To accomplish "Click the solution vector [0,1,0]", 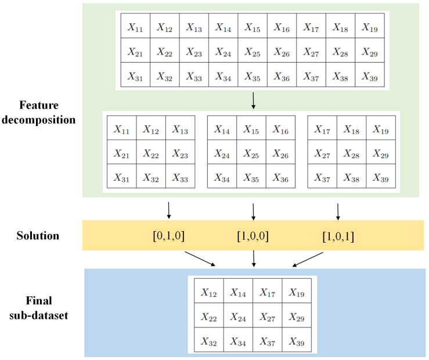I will (168, 236).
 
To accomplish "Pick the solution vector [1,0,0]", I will (253, 236).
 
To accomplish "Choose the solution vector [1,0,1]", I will (338, 236).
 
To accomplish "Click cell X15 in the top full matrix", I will (253, 27).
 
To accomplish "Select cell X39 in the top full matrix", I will (370, 76).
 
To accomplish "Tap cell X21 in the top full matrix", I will (135, 52).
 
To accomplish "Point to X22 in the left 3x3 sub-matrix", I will (151, 154).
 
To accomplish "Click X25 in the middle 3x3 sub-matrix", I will (252, 154).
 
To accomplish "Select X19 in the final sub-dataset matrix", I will (297, 293).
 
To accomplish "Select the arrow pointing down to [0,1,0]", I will (168, 210).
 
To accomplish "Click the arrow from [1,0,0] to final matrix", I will (253, 260).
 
